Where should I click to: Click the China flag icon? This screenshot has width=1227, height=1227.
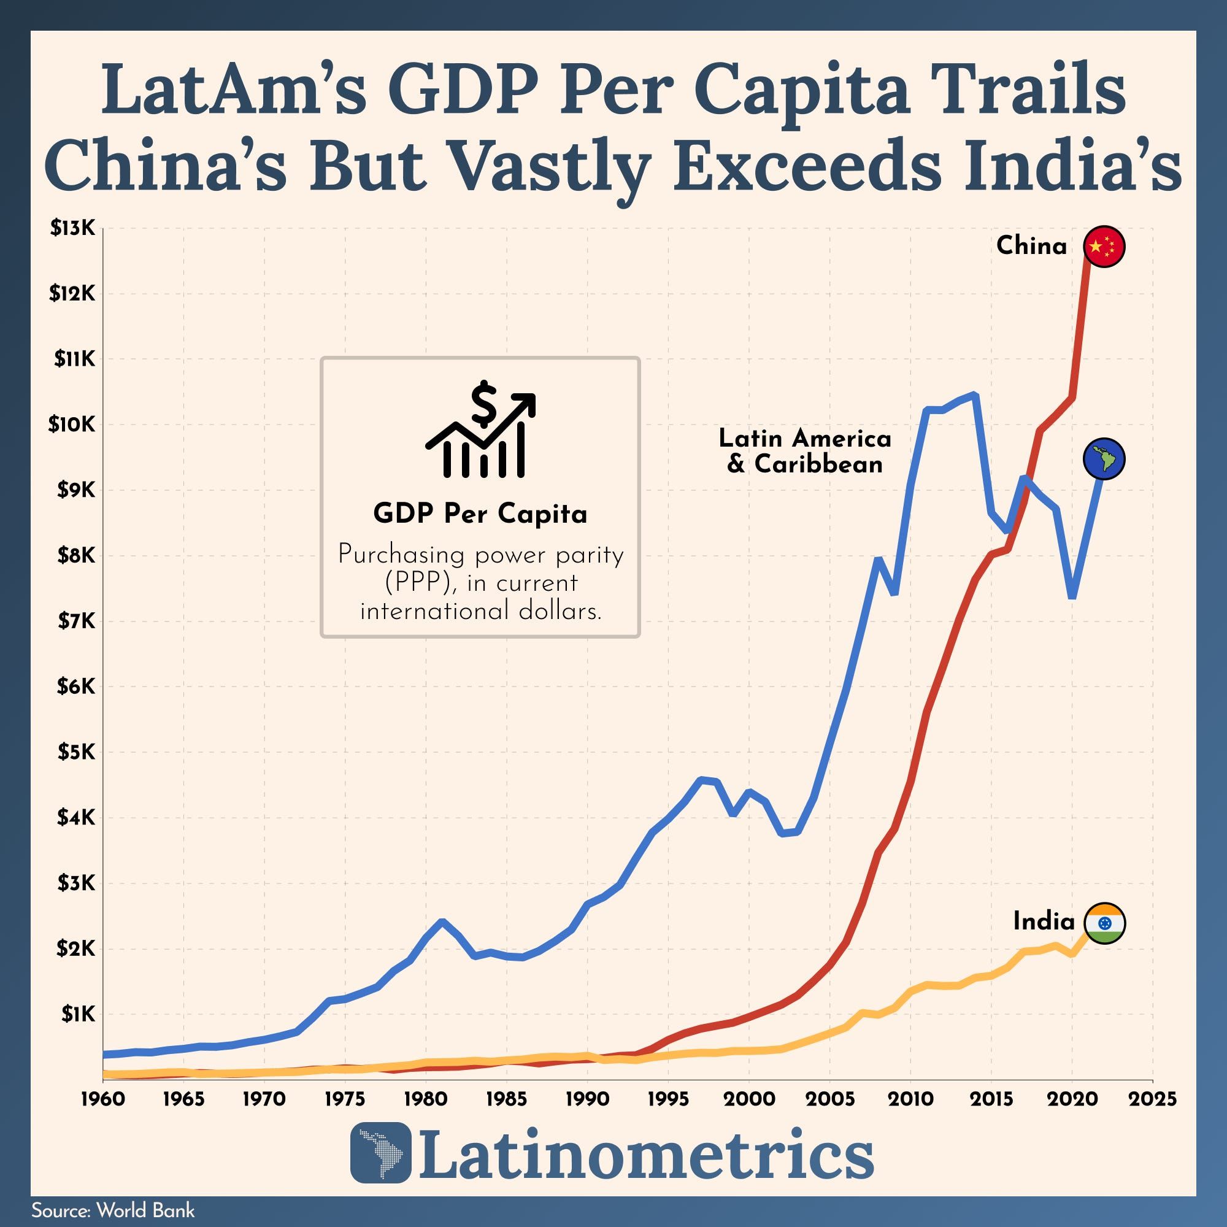[x=1104, y=247]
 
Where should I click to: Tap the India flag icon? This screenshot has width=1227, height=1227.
[x=1104, y=923]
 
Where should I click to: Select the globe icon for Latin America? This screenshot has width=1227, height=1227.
[x=1104, y=458]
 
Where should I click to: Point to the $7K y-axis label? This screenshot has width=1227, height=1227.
[x=75, y=621]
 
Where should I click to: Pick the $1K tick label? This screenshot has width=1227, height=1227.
[x=77, y=1014]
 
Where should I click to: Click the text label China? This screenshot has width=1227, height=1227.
[x=1031, y=246]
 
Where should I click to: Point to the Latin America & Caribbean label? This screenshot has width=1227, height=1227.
[x=805, y=451]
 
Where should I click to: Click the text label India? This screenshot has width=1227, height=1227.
[x=1044, y=921]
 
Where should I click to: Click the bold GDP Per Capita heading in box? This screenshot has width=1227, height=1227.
[x=480, y=513]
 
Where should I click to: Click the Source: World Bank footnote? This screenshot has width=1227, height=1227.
[x=113, y=1210]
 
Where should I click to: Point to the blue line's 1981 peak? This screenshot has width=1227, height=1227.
[x=442, y=921]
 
